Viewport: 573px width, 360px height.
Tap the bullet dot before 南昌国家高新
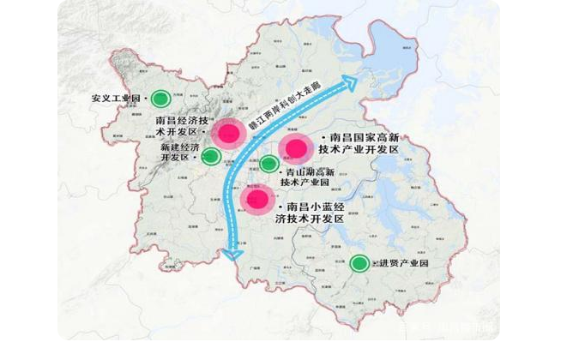click(322, 137)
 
